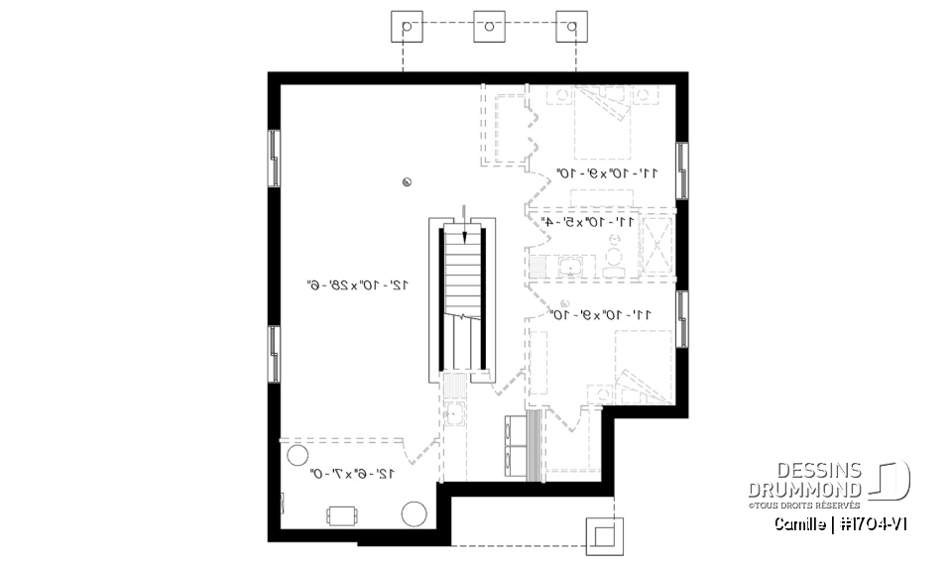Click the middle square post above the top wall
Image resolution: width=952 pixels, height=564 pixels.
coord(487,26)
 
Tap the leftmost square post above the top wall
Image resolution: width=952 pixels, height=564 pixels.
coord(405,26)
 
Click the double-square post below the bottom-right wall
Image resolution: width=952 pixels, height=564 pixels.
coord(603,535)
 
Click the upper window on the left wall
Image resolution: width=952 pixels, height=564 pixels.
coord(273,157)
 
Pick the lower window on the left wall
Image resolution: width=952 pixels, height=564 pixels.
coord(273,353)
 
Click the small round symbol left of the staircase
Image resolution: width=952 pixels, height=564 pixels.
coord(407,181)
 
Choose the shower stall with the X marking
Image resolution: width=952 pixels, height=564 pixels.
coord(655,243)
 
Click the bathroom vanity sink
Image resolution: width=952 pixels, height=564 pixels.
coord(572,265)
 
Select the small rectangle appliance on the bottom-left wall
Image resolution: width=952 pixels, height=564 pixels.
coord(344,514)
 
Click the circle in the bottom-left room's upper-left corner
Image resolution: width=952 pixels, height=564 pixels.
coord(297,456)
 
